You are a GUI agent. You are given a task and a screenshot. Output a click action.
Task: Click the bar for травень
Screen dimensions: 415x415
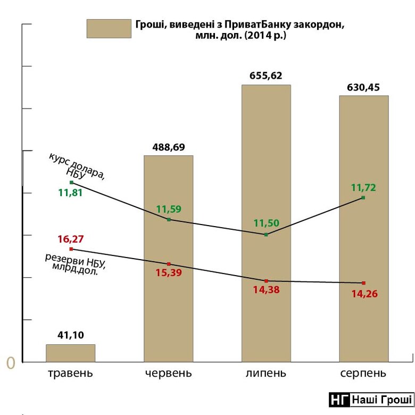(70, 353)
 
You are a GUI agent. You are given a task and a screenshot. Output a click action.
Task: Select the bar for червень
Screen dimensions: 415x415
(169, 298)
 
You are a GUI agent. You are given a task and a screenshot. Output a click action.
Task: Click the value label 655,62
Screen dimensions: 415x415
(266, 76)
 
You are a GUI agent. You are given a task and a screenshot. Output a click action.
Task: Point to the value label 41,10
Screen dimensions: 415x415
(70, 335)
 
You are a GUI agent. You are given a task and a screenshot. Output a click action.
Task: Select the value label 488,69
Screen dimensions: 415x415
(169, 146)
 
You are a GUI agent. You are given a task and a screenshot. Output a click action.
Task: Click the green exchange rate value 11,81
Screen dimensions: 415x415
(70, 193)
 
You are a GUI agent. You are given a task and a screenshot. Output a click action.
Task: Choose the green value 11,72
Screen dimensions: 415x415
(364, 187)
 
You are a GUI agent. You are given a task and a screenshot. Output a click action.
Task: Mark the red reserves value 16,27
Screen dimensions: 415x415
(70, 239)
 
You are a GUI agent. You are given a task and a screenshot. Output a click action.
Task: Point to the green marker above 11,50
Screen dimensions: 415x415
(266, 234)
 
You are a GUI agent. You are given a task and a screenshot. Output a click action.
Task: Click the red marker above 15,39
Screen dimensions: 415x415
(169, 264)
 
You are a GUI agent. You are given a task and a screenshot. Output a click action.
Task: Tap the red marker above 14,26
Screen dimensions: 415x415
(364, 283)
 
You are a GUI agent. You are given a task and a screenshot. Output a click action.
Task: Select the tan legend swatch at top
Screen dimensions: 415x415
(109, 29)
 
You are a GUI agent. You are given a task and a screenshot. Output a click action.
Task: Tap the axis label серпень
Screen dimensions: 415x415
(364, 372)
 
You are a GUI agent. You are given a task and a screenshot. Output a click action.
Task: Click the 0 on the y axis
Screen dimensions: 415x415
(10, 363)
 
